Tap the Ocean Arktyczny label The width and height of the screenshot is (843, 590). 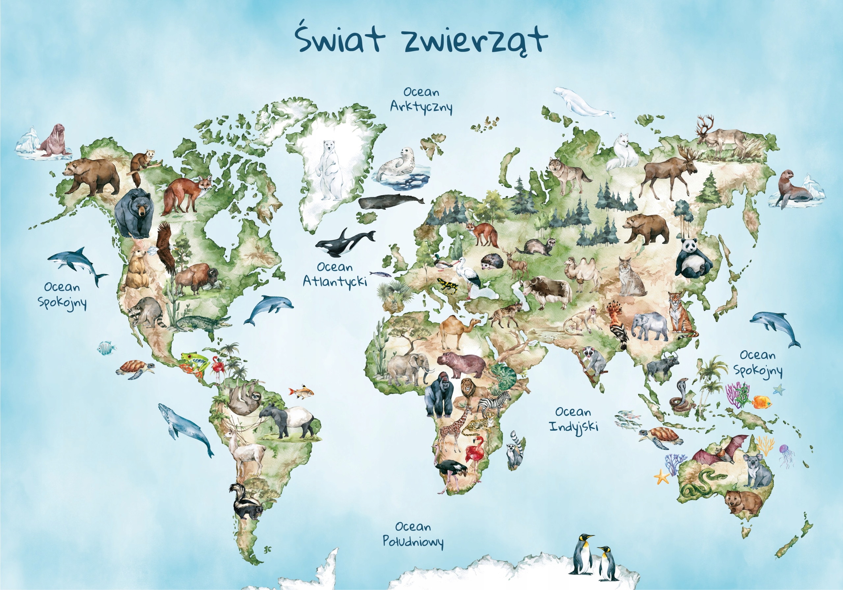point(421,100)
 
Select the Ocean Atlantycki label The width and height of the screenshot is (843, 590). point(335,274)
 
